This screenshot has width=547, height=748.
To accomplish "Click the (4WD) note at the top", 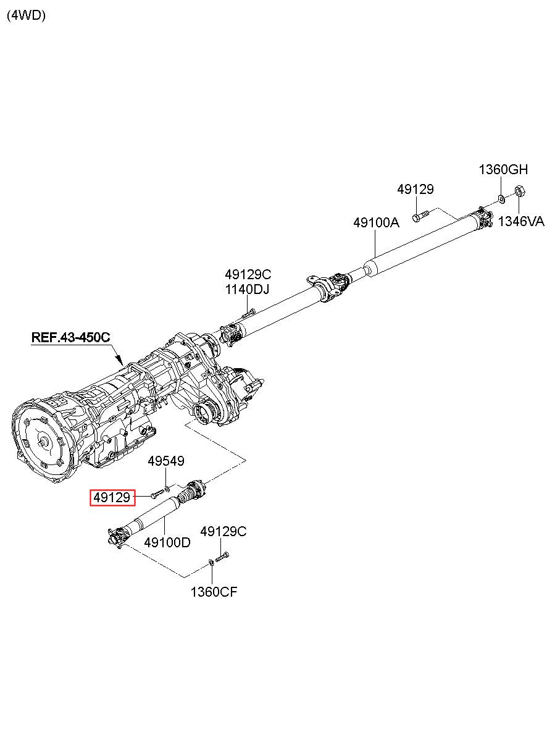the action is [26, 15].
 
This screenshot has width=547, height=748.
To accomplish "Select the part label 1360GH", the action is [503, 170].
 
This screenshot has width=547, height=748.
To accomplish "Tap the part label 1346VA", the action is [521, 221].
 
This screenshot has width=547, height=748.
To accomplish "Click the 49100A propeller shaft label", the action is [376, 222].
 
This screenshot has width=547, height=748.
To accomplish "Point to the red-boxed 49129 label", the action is [112, 498].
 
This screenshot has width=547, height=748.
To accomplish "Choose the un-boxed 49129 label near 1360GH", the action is [415, 190].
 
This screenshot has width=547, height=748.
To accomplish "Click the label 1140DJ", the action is [247, 290].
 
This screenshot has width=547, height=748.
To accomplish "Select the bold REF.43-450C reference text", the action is [70, 337].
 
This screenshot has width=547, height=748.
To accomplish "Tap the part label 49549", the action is [166, 461].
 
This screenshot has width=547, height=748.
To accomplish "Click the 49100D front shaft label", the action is [167, 543].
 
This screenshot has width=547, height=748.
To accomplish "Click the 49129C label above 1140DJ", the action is [248, 274].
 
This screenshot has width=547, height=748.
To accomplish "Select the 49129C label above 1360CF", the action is [223, 531].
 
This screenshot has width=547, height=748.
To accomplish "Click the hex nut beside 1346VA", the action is [520, 191].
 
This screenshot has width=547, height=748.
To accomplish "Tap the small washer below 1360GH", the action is [501, 200].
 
